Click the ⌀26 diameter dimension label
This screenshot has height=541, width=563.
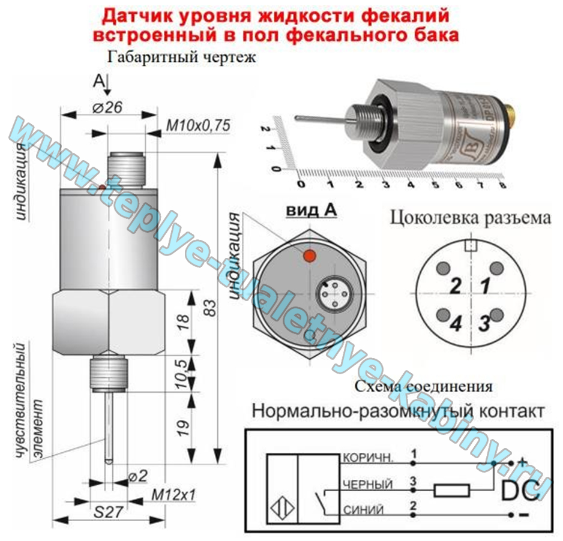click(x=108, y=108)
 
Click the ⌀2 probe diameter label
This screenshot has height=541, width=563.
click(x=137, y=476)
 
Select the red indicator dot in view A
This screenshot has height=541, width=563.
click(x=309, y=256)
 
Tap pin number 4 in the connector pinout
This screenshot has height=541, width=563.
click(x=456, y=324)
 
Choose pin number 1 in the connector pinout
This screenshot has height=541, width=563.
click(x=485, y=285)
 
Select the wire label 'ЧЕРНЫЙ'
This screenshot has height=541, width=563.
click(x=367, y=484)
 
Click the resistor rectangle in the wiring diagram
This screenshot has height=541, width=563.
click(x=451, y=490)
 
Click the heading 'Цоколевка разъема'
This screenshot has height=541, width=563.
click(x=470, y=217)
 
